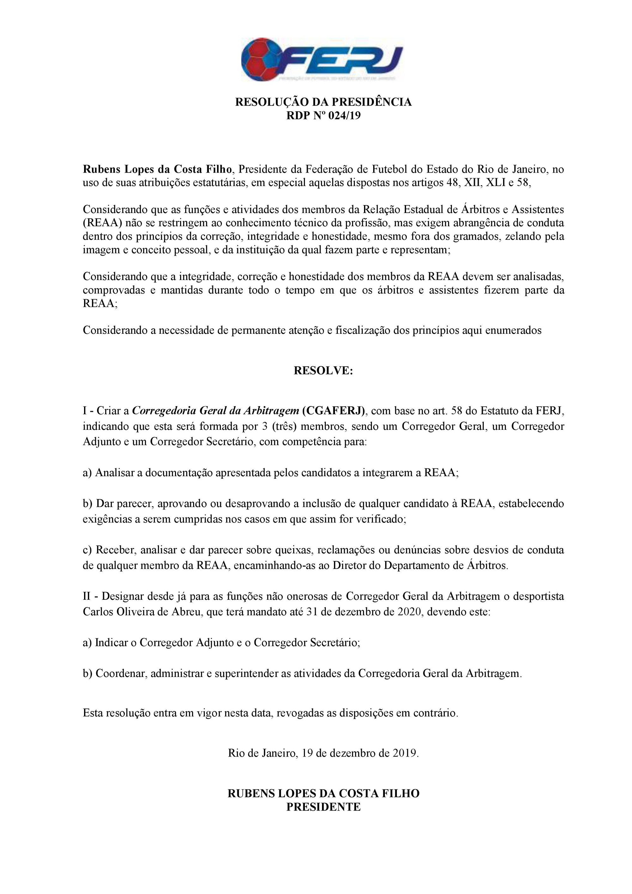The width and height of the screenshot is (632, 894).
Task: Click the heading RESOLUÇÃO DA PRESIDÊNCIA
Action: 323,102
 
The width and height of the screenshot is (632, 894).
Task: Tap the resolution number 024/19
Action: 345,116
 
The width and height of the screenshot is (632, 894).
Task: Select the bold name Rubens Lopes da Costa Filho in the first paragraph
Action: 158,169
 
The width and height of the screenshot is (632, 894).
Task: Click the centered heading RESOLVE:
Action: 323,370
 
